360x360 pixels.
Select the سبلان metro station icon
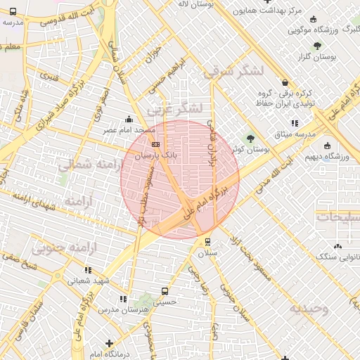point(207,242)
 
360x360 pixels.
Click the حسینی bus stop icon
point(165,290)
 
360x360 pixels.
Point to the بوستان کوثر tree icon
point(250,138)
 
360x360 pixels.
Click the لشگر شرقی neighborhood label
point(233,72)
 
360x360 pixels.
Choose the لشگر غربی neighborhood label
point(176,108)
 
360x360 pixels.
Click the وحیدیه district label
point(310,309)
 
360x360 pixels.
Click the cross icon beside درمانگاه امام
point(108,343)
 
